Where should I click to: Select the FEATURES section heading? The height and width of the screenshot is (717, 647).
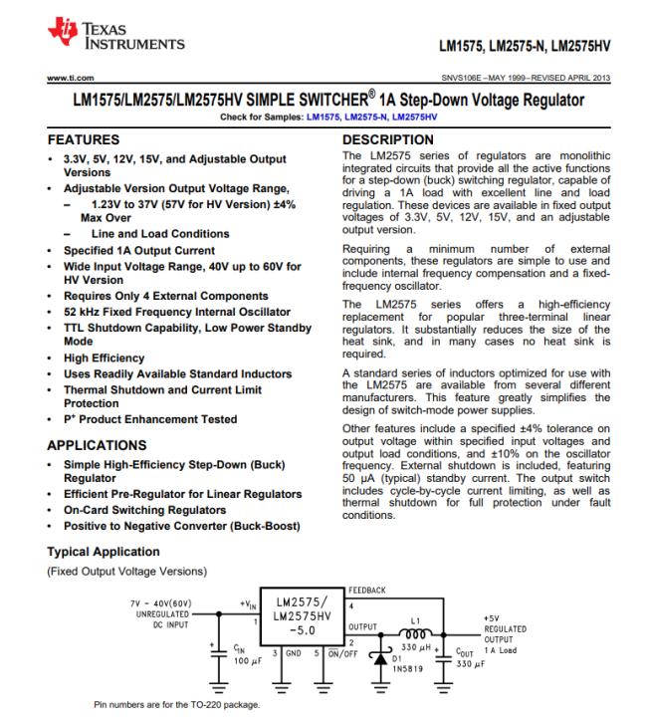(x=87, y=140)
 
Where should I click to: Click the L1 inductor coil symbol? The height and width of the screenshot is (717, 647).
(x=415, y=629)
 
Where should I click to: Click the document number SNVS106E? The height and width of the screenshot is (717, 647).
(x=475, y=77)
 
